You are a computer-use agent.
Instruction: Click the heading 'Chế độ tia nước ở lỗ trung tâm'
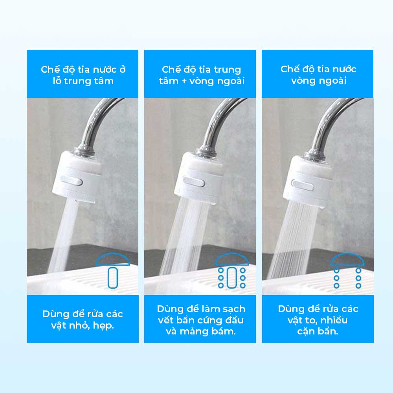(83, 75)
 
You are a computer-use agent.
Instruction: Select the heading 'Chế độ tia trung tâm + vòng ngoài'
(202, 75)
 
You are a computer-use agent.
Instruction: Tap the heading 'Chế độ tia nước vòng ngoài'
(319, 75)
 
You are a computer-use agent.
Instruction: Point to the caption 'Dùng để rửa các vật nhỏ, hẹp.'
(83, 320)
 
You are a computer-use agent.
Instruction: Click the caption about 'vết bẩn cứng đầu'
(201, 320)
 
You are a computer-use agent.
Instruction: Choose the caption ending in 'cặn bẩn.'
(318, 320)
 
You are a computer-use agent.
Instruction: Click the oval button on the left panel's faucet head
(72, 181)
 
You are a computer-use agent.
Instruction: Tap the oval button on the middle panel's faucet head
(194, 182)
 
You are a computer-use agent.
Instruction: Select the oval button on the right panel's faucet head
(303, 185)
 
